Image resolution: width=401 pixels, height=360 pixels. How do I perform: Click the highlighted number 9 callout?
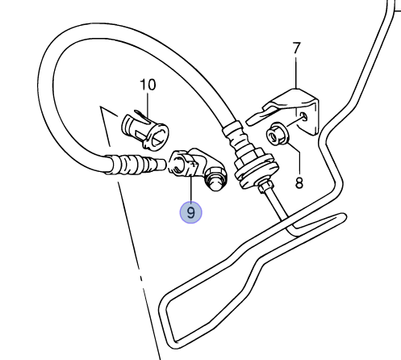pyautogui.click(x=190, y=212)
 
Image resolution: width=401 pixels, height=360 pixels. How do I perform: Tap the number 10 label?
pyautogui.click(x=148, y=85)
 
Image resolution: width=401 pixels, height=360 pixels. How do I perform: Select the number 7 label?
pyautogui.click(x=296, y=48)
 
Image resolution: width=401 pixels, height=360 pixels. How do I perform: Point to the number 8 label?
pyautogui.click(x=299, y=182)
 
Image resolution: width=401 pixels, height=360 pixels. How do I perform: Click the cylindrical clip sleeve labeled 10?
pyautogui.click(x=145, y=131)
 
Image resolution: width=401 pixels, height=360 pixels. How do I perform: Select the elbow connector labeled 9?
pyautogui.click(x=198, y=168)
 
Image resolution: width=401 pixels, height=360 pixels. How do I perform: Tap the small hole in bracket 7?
pyautogui.click(x=303, y=117)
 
